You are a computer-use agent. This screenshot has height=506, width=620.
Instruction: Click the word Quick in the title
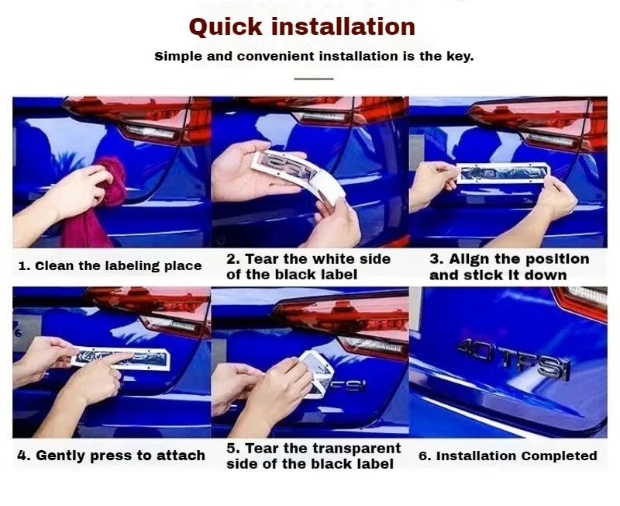tap(226, 27)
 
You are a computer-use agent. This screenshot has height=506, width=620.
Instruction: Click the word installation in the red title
tap(343, 26)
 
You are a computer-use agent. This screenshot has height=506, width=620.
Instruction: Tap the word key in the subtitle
tap(460, 57)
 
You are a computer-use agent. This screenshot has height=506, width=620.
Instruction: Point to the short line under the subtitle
tap(314, 79)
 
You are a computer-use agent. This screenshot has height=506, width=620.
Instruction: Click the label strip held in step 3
tap(504, 173)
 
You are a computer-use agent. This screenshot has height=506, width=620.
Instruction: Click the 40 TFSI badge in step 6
tap(515, 359)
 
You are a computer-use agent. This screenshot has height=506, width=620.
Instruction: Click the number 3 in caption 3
tap(435, 259)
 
